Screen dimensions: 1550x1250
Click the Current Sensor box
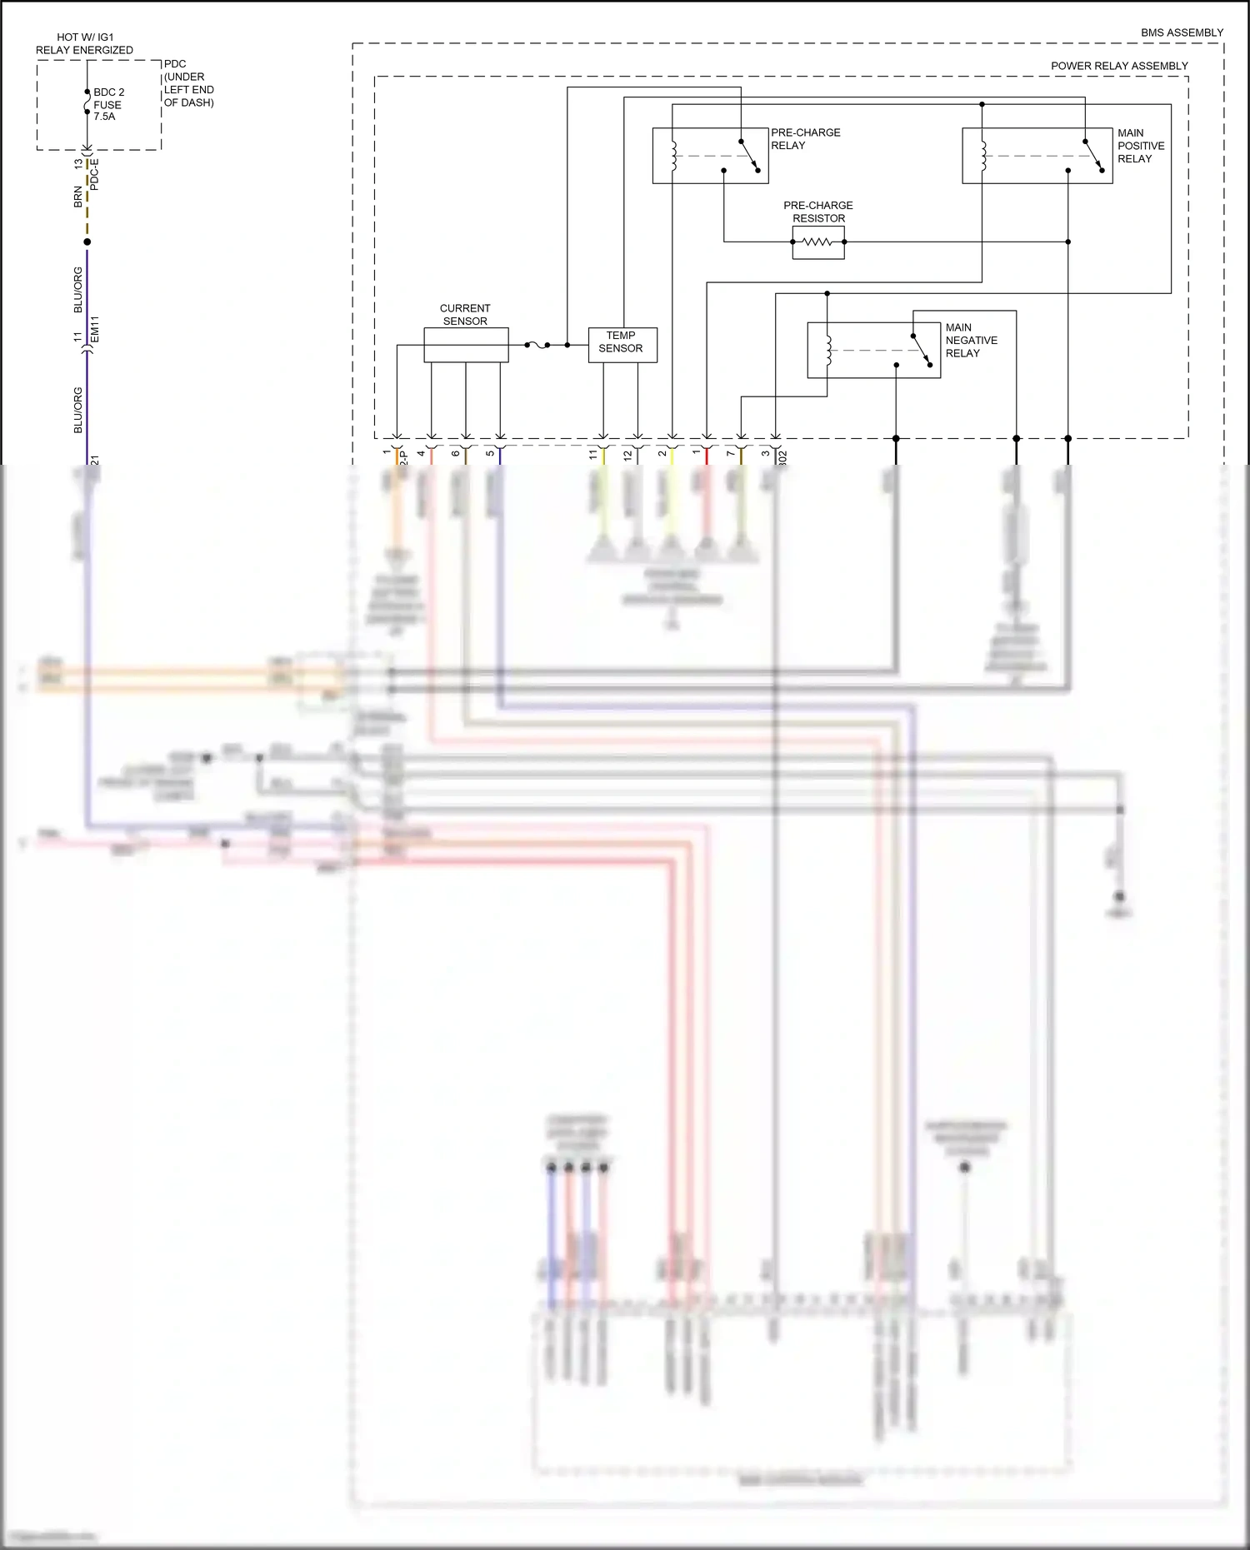[466, 345]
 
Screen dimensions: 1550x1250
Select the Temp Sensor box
[622, 345]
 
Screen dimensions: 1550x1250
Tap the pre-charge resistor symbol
[817, 242]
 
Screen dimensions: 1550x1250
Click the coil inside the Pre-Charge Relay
[673, 156]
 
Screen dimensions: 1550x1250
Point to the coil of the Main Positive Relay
[982, 156]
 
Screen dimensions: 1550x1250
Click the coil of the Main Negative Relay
[827, 351]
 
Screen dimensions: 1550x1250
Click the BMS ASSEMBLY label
[1182, 32]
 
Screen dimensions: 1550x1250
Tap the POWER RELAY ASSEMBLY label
[1118, 66]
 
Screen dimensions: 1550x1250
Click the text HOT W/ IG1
[85, 37]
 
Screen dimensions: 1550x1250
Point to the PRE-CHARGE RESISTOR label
[817, 212]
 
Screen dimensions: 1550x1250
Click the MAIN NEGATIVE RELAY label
[971, 340]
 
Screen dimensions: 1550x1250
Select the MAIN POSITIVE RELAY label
[1140, 146]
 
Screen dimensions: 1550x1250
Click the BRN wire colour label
[78, 197]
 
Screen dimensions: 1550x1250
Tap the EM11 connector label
[95, 328]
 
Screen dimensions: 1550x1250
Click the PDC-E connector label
[94, 174]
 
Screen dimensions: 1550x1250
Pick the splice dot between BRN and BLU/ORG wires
[87, 242]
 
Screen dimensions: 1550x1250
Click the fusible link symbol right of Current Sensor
[537, 345]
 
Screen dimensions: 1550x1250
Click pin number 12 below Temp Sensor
[627, 456]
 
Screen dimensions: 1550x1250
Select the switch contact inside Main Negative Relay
[921, 350]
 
